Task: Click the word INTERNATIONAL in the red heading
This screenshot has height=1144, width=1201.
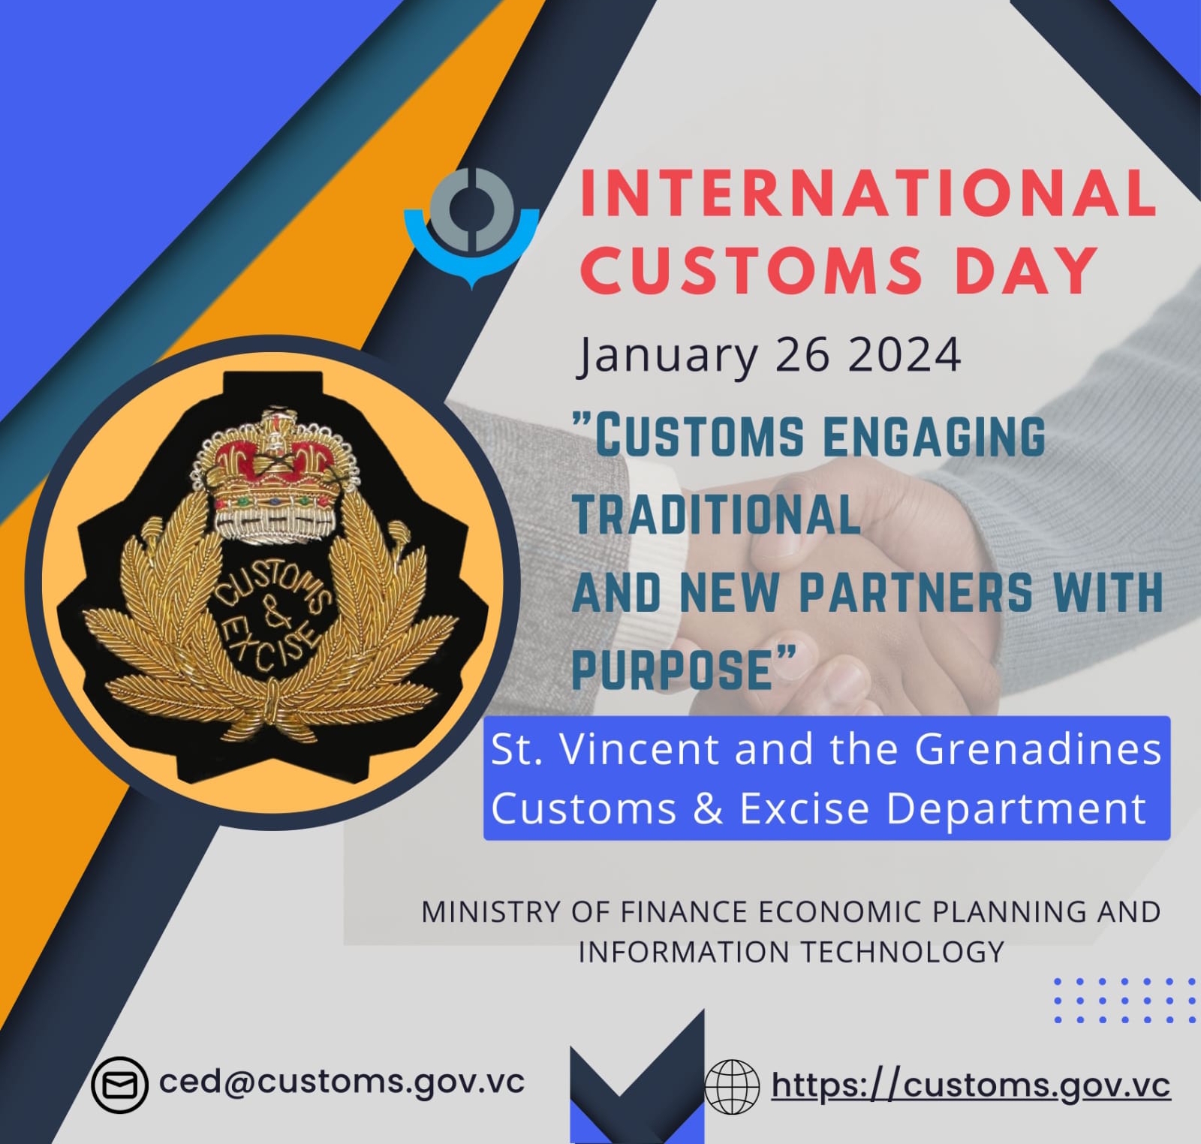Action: (868, 193)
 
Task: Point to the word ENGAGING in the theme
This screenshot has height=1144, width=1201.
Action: (934, 435)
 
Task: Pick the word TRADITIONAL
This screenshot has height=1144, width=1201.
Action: (716, 514)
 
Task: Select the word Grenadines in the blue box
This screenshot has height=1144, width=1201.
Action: (1038, 748)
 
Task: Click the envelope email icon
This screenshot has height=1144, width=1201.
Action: (119, 1085)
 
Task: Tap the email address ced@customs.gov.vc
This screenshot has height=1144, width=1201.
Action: (342, 1082)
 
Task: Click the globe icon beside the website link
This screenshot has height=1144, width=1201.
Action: (733, 1086)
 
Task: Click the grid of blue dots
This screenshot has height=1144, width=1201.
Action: (1124, 1000)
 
